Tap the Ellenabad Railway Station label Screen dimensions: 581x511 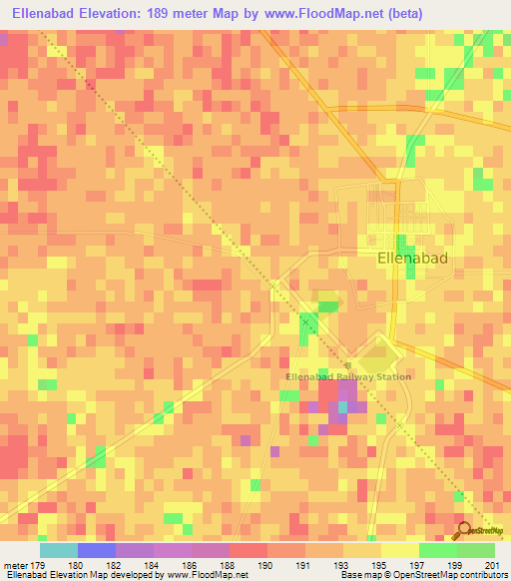[x=348, y=376]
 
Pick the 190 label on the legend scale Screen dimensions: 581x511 [x=266, y=565]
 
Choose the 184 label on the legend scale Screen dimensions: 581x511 [x=152, y=565]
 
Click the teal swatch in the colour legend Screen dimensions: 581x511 [x=58, y=550]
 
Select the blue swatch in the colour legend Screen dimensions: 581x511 [x=96, y=550]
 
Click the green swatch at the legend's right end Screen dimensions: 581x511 [x=476, y=550]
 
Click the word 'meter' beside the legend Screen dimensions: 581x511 [x=15, y=565]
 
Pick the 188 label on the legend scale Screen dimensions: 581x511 [x=229, y=565]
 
